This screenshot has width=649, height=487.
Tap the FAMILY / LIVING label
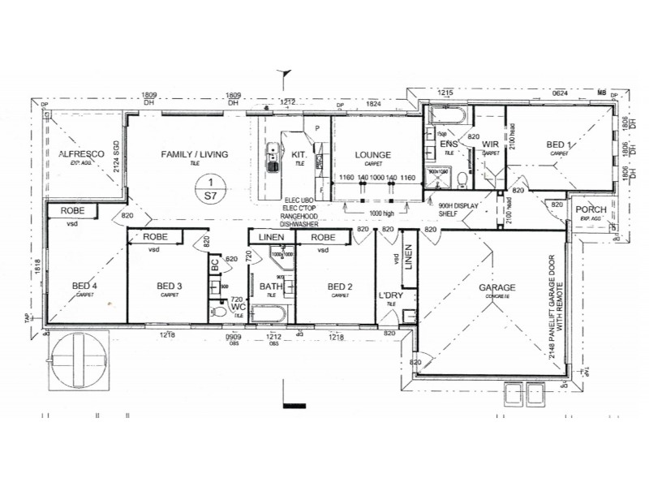tap(194, 154)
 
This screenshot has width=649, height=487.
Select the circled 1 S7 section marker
tap(211, 188)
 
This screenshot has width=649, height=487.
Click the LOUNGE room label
tap(372, 155)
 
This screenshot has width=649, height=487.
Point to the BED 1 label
tap(557, 144)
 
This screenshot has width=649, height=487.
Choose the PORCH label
tap(590, 210)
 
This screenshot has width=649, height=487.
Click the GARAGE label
tap(497, 288)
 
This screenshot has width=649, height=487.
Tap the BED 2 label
tap(340, 286)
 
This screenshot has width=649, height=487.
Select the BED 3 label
tap(169, 286)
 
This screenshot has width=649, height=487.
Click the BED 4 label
tap(84, 286)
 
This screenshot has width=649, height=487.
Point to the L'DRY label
tap(391, 295)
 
